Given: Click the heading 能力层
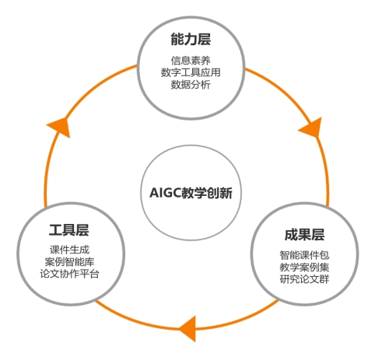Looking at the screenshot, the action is point(191,40).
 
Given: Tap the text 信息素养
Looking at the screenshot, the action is point(191,61).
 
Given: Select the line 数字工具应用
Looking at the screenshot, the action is point(191,72).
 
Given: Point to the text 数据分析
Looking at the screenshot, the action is point(191,85).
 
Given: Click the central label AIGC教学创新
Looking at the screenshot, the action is point(191,193).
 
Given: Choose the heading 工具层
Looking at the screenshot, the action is point(69,230).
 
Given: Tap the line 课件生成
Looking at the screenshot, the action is point(69,250).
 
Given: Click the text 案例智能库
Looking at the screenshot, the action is point(69,262).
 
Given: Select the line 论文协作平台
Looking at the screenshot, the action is point(69,274).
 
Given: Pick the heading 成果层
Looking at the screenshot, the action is point(304,235).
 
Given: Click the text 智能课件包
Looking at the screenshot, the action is point(304,255).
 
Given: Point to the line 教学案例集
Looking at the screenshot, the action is point(304,267).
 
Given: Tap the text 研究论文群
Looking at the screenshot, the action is point(304,279).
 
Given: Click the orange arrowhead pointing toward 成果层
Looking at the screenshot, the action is point(313,127).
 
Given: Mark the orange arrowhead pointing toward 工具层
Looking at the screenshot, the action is point(189,329).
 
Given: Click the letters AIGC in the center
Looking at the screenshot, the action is point(165,193).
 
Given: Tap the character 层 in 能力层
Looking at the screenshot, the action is point(204,40).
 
